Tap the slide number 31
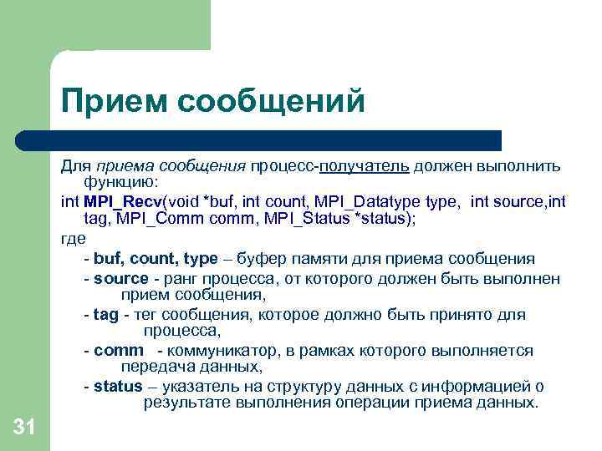click(24, 428)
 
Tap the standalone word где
click(74, 238)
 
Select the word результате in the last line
click(184, 403)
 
